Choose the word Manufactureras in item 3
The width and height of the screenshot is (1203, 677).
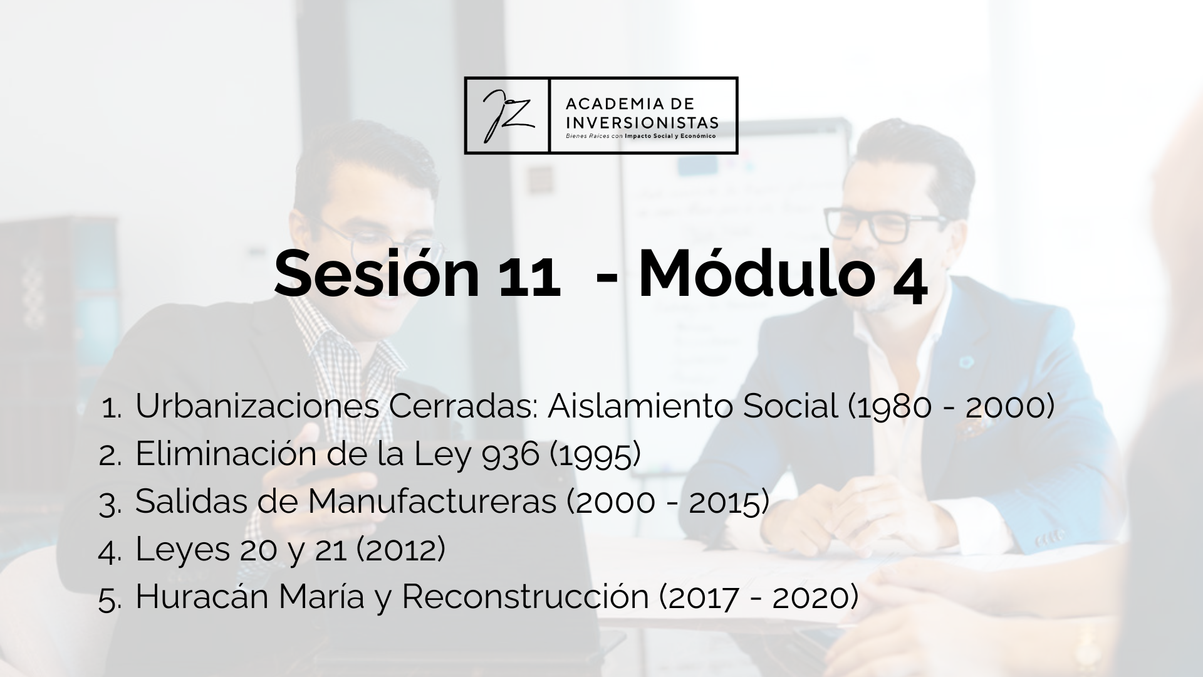[432, 501]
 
